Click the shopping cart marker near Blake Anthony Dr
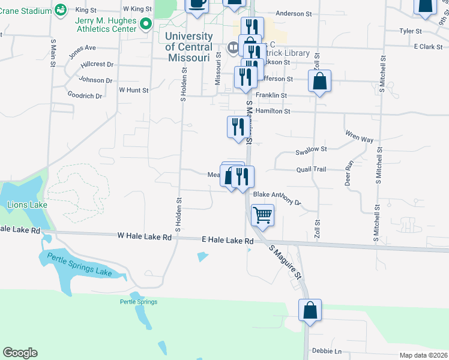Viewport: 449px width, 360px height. (262, 215)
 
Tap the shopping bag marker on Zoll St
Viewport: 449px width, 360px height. (320, 81)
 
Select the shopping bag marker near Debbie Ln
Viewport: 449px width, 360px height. (310, 311)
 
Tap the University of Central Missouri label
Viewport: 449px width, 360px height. (188, 47)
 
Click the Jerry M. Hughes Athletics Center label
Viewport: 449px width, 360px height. (106, 24)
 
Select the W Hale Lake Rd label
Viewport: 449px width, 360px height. (145, 237)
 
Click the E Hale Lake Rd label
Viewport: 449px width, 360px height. (228, 241)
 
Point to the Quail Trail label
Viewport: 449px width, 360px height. (311, 169)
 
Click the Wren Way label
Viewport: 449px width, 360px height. (359, 137)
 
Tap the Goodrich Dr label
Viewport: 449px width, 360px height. (85, 95)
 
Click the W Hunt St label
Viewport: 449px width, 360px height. (133, 90)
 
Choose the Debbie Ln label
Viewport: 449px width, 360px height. (326, 351)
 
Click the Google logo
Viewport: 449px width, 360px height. (20, 353)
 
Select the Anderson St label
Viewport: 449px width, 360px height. (294, 13)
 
